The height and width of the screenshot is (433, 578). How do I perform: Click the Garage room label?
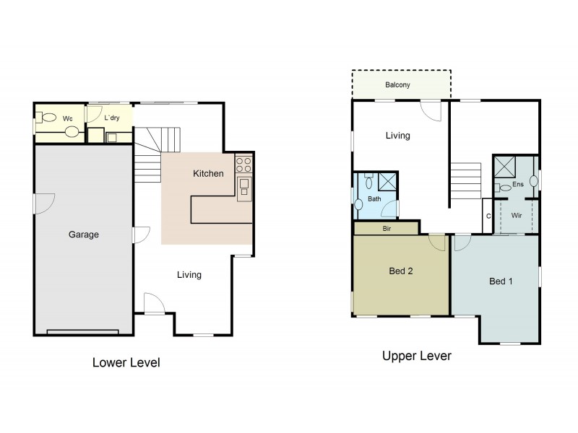coord(84,235)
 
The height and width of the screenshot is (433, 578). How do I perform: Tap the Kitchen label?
coord(208,174)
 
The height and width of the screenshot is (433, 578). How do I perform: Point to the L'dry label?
coord(112,118)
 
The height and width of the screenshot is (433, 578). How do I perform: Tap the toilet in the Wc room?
coord(48,118)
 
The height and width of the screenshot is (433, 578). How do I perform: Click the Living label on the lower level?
coord(189,275)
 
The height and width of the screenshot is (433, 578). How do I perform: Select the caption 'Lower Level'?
coord(126,362)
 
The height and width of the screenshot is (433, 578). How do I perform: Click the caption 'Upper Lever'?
coord(416,357)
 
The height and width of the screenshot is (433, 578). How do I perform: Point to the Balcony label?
coord(397,85)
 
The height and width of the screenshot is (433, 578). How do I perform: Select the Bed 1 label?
coord(501,281)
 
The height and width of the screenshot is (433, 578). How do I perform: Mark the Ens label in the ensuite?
coord(517,185)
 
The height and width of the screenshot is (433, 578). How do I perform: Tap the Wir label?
coord(517,215)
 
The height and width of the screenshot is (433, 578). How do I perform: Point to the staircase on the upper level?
coord(466,181)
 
